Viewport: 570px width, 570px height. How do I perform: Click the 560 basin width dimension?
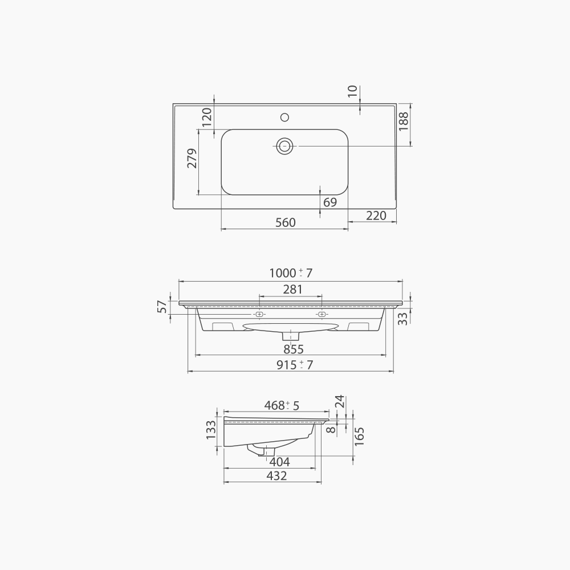coord(286,222)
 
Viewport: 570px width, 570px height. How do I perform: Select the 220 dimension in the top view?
coord(376,215)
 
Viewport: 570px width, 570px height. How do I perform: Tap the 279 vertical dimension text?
coord(192,158)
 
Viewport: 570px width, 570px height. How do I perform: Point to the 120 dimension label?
coord(207,117)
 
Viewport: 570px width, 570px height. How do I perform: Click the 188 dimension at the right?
coord(404,122)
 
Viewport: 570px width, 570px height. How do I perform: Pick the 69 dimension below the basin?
coord(330,202)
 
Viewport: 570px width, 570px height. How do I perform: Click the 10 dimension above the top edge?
coord(352,91)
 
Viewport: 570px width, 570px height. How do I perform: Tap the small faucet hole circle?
coord(284,118)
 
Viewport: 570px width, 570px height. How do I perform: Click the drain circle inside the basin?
coord(284,146)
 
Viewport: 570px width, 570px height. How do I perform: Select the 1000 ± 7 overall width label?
coord(291,273)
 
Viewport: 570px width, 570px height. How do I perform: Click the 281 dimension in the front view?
coord(293,290)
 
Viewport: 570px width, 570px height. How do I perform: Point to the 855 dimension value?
coord(294,349)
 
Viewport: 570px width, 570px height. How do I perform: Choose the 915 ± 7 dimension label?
coord(295,365)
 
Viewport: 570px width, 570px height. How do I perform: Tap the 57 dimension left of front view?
coord(162,307)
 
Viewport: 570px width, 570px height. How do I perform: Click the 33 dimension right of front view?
coord(403,319)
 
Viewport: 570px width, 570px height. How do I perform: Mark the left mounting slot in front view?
coord(259,315)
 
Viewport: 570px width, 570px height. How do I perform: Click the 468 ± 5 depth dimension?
coord(282,405)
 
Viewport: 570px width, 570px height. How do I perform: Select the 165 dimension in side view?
coord(359,436)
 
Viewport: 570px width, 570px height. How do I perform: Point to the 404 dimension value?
coord(279,462)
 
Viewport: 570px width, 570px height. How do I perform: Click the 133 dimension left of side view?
coord(211,430)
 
